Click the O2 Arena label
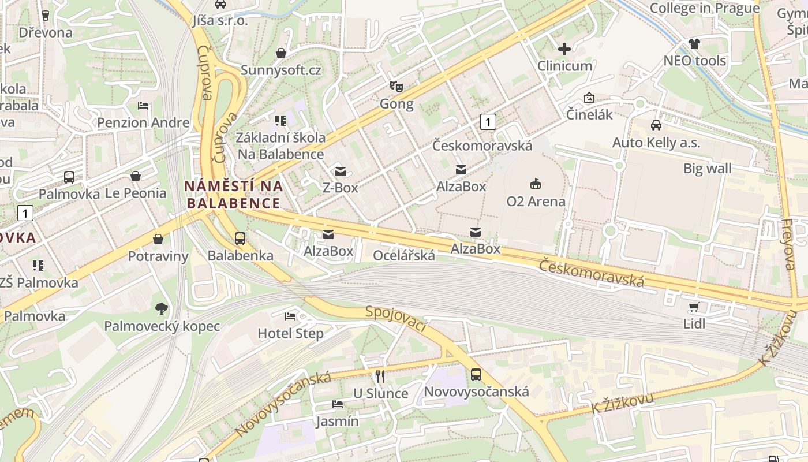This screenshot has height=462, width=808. point(536,202)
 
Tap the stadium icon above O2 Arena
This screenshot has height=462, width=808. point(536,184)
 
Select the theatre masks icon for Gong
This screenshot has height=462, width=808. point(396,87)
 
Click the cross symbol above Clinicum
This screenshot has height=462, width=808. point(564,49)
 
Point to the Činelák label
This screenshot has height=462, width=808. point(589,114)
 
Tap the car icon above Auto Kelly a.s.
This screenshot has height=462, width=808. point(656,125)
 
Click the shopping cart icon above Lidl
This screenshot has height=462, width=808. point(694,307)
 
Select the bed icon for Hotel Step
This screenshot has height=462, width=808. point(290,316)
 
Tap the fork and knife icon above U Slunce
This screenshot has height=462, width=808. point(380,377)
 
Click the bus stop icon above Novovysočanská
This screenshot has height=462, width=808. point(476,375)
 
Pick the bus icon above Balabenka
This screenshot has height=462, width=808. point(240,238)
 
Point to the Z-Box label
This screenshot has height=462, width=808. point(340,188)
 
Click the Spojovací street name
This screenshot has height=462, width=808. point(396,319)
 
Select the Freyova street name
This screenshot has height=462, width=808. point(788,244)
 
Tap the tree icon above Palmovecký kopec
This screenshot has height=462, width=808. point(161,309)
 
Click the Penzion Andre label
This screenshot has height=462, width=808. point(143,122)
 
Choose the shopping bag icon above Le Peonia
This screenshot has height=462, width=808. point(136,176)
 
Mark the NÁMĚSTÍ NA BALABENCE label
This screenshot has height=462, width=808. point(233,195)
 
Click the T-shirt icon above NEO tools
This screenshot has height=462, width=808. point(694,44)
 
